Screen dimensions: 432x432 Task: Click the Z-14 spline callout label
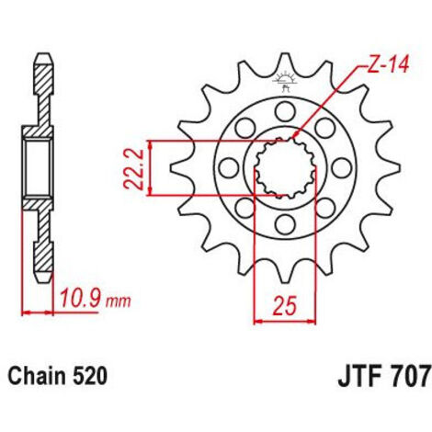click(x=388, y=65)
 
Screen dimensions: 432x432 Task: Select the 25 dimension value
click(x=285, y=305)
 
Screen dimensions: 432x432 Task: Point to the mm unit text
click(x=119, y=301)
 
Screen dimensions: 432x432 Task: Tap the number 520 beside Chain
click(x=90, y=376)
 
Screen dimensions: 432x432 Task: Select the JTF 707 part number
click(x=383, y=378)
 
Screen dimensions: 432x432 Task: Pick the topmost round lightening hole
click(x=285, y=111)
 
